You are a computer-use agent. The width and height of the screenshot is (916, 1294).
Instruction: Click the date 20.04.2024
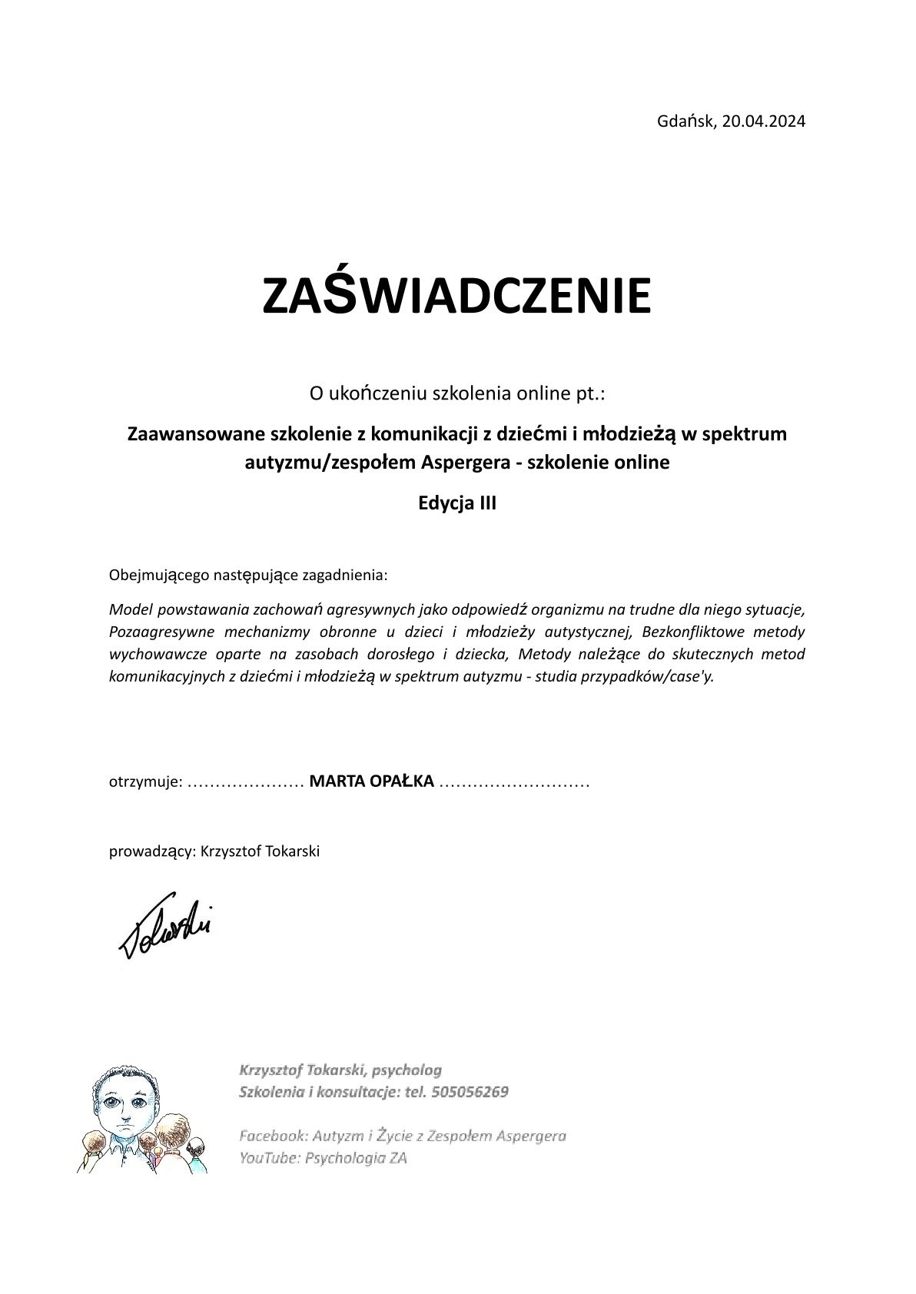point(764,121)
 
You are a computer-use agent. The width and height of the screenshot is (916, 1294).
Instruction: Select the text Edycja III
point(457,504)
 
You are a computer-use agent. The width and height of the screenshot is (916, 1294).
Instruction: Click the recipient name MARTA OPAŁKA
point(372,781)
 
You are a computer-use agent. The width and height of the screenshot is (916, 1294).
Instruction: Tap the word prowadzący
point(151,851)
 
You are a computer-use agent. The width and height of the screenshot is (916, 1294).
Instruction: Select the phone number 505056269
point(470,1092)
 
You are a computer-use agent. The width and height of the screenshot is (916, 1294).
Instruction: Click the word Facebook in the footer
point(271,1135)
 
